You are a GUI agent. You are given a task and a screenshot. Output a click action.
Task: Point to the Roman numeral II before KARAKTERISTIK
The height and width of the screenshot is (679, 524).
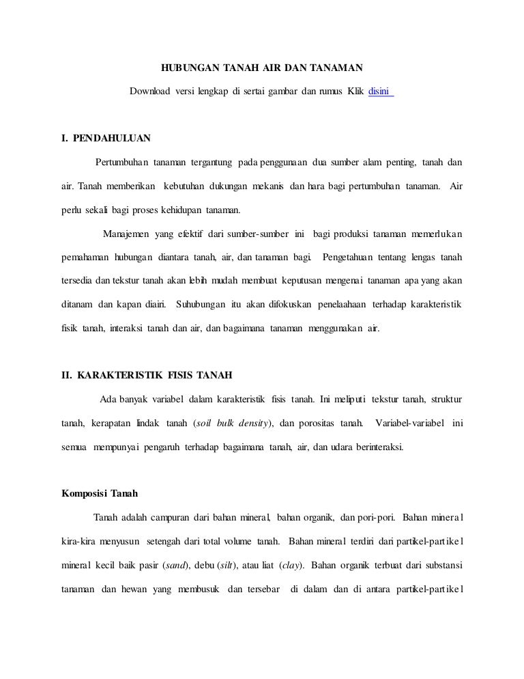tap(66, 375)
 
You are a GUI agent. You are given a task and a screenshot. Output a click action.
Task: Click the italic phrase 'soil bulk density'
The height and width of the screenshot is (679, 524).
tap(233, 423)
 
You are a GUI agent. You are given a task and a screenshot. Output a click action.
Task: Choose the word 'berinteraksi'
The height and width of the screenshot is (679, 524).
tap(375, 447)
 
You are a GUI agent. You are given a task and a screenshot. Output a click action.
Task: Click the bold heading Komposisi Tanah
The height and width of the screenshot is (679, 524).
tap(100, 495)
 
